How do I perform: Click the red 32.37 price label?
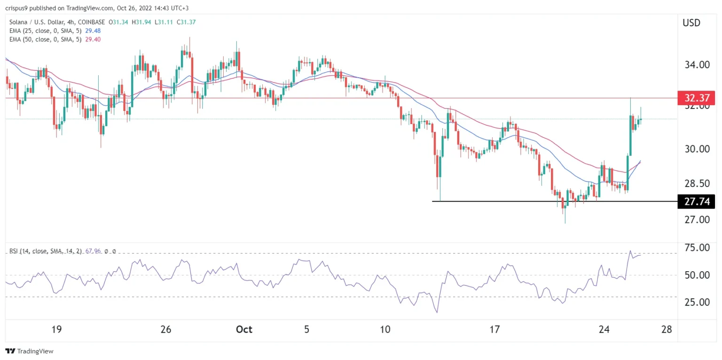[x=696, y=98]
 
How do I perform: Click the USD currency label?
[x=691, y=23]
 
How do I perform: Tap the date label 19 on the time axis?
[x=56, y=329]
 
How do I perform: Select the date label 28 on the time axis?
[x=667, y=329]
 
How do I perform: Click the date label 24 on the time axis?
[x=604, y=329]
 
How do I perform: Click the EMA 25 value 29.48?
[x=91, y=31]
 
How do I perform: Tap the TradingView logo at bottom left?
[x=29, y=351]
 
